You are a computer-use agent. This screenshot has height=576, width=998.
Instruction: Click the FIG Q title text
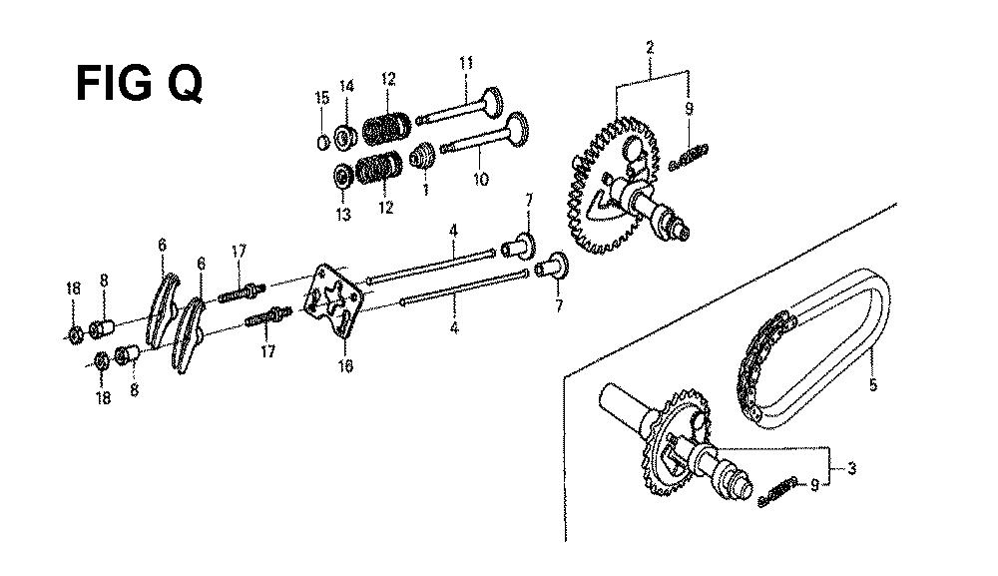140,84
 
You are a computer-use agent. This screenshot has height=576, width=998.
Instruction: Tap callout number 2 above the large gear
650,47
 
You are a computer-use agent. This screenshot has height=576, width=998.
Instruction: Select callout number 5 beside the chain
872,384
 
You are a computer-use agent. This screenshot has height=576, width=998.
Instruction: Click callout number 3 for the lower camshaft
851,469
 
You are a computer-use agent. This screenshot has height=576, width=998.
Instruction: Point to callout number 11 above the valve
466,62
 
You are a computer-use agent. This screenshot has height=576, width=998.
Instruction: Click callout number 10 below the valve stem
481,179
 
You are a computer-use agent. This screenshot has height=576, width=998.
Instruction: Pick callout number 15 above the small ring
322,98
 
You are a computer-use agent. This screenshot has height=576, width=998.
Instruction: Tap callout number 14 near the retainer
346,86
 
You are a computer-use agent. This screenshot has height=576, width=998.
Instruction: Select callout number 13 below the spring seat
343,214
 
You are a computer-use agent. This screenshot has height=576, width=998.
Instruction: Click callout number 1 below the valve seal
425,189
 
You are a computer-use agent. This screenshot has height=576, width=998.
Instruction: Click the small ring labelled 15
322,143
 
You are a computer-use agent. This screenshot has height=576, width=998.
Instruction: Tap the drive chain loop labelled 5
814,348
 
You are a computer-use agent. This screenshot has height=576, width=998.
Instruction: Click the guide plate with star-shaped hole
333,300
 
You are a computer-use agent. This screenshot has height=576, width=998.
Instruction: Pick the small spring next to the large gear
690,157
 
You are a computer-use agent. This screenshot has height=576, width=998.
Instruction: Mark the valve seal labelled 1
422,156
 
